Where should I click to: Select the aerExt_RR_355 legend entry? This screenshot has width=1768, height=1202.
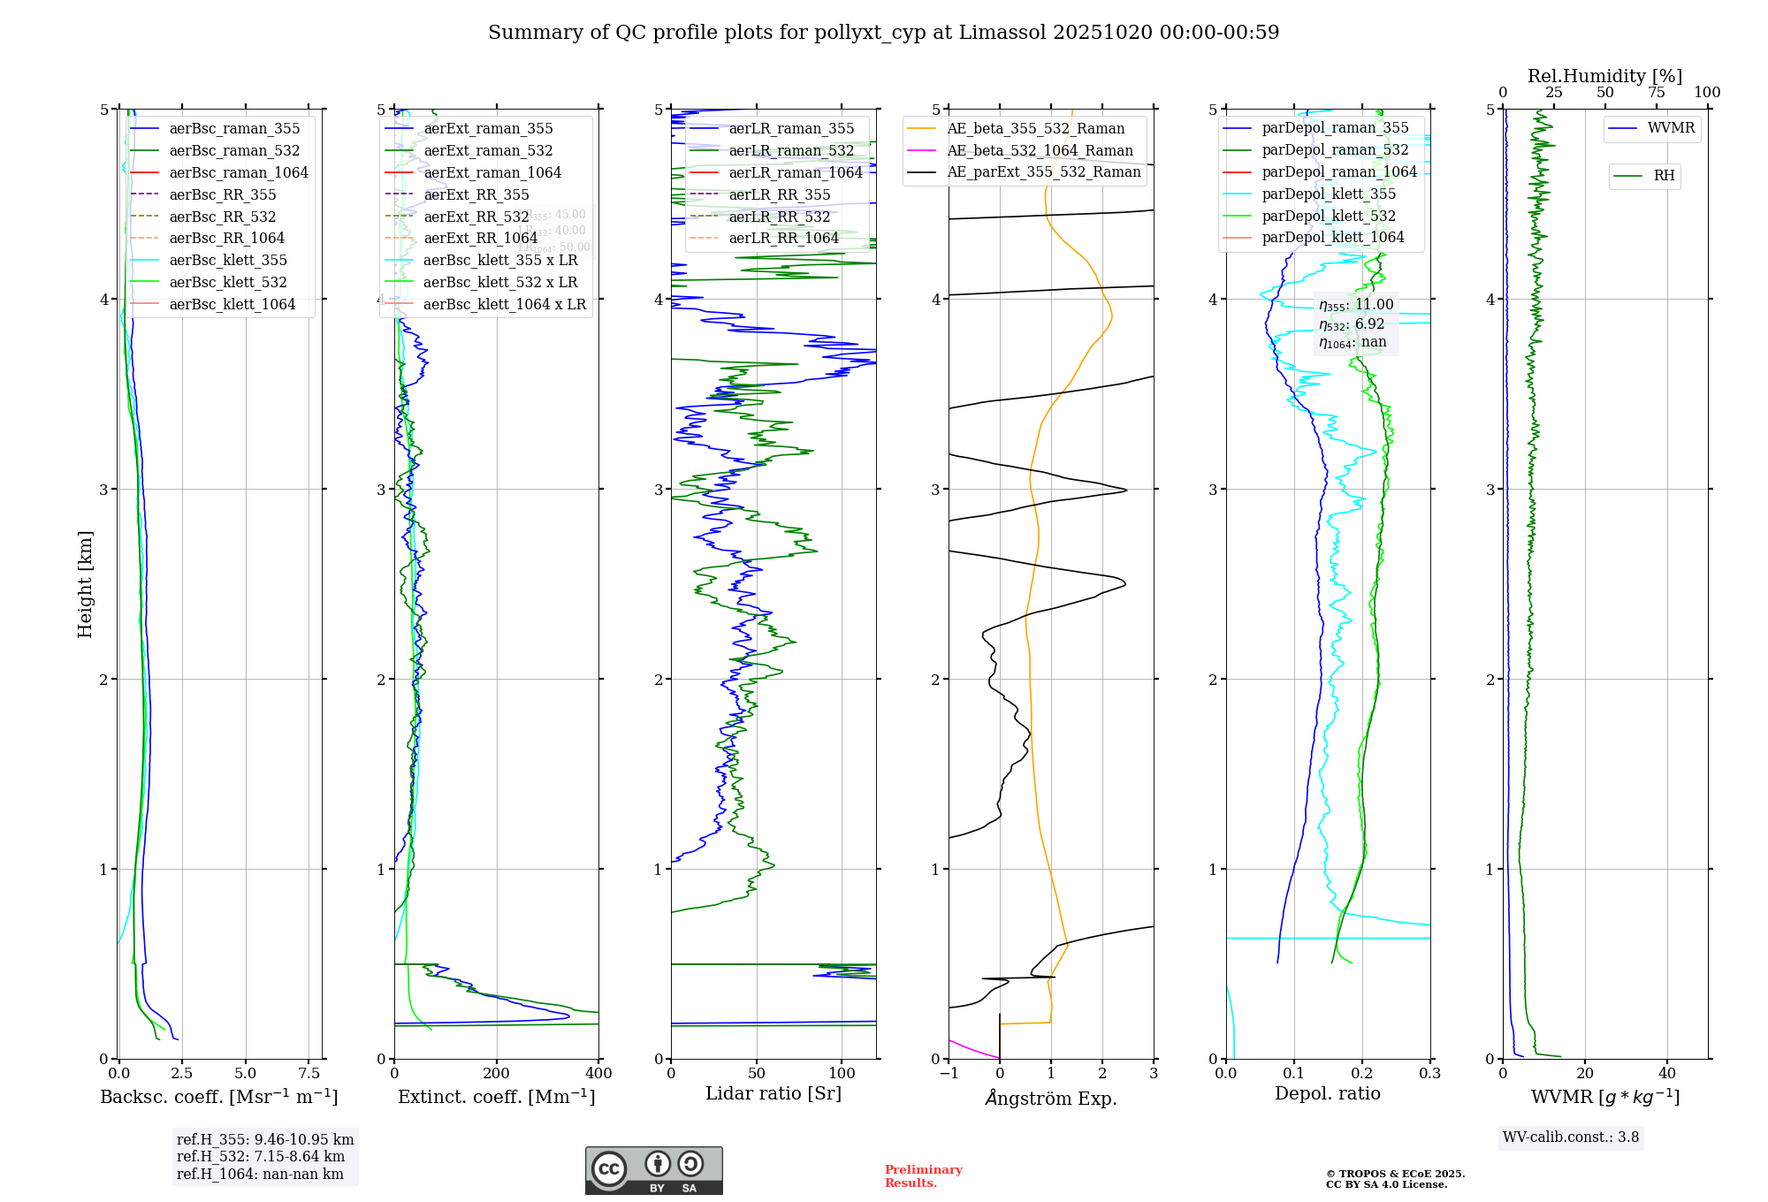476,194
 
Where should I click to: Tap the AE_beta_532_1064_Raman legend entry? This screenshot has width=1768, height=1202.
1040,151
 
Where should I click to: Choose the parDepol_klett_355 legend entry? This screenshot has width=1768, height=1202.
1329,194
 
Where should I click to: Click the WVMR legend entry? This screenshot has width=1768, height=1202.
1671,128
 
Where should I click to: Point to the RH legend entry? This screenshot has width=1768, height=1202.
1664,176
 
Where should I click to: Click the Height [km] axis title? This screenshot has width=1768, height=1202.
85,584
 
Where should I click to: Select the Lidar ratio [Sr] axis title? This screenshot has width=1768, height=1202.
773,1093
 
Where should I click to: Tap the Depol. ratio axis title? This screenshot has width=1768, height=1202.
1327,1093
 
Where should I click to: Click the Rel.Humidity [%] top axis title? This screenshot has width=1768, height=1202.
1604,76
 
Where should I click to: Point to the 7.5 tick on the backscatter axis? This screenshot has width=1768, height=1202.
309,1074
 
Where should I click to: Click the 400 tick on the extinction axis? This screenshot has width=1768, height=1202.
598,1074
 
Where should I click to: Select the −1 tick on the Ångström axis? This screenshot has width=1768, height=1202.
949,1074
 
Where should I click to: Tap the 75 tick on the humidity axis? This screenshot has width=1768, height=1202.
1656,93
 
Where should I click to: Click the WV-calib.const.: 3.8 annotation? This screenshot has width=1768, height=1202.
1571,1137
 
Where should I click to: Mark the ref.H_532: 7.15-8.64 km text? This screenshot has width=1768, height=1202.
261,1157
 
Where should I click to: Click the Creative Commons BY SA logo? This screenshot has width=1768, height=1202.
653,1171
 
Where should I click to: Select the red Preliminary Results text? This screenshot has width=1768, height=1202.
923,1176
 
